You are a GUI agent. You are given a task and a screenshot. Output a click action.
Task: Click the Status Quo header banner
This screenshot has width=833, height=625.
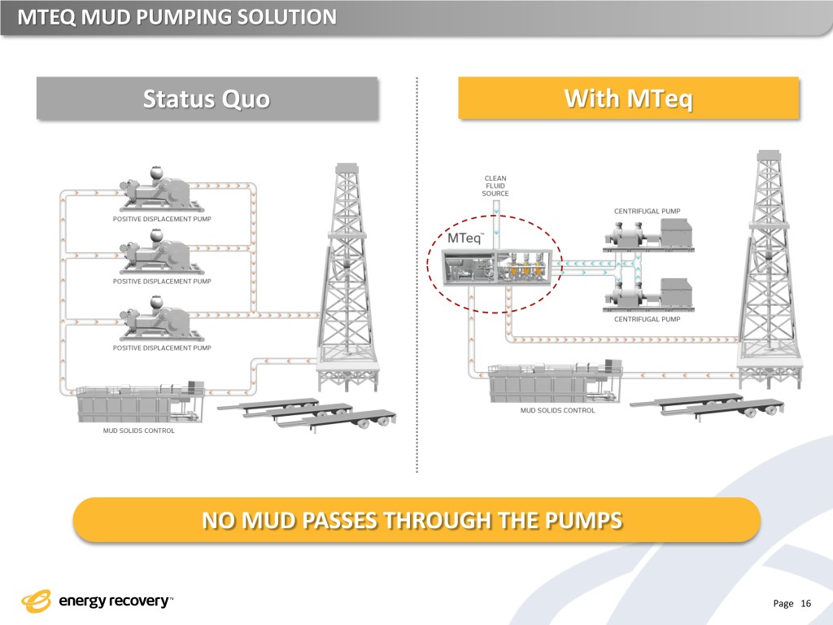(x=207, y=99)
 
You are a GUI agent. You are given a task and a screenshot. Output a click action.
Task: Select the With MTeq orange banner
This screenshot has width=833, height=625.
(x=629, y=99)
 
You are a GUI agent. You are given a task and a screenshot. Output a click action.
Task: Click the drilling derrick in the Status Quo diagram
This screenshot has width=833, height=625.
(x=347, y=277)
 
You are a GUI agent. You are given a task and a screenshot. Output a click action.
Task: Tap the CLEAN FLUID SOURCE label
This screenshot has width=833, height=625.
(x=495, y=186)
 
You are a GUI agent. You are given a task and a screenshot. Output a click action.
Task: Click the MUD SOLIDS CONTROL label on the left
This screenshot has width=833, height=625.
(x=138, y=431)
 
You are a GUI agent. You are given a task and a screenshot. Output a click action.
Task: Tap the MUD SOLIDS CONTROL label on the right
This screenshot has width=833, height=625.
(x=558, y=410)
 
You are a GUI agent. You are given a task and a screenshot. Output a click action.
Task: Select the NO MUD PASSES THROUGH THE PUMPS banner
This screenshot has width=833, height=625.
(x=416, y=519)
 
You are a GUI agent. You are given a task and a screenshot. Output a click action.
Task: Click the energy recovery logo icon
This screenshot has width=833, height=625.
(x=37, y=601)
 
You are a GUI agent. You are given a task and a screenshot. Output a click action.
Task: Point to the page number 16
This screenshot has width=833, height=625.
(x=806, y=603)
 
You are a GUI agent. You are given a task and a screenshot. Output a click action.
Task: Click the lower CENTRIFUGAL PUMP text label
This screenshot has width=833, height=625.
(x=647, y=319)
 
